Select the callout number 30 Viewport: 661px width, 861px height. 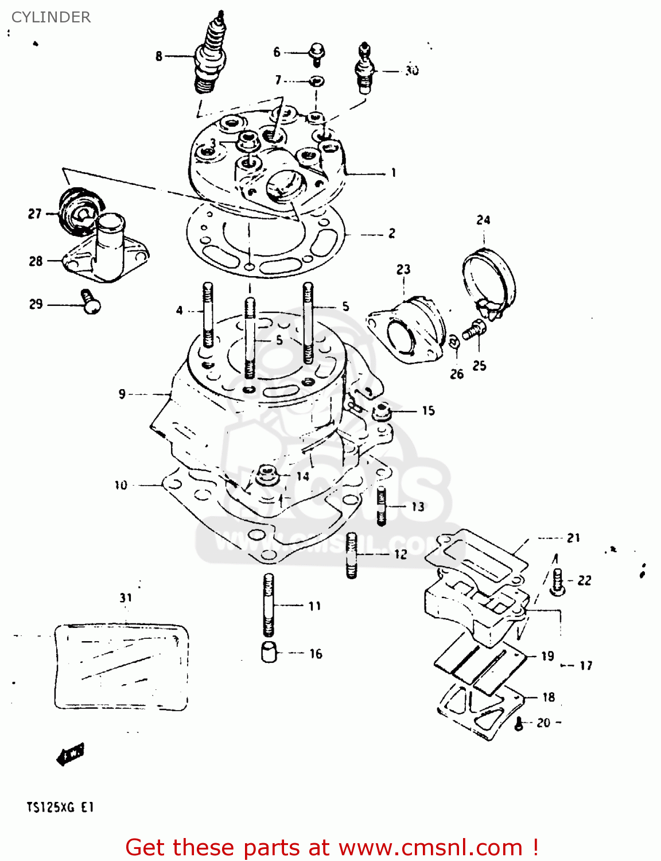tap(411, 71)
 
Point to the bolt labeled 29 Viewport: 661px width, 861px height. tap(90, 301)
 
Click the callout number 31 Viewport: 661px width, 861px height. tap(126, 598)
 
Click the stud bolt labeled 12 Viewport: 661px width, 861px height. tap(352, 554)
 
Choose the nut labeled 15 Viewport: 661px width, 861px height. tap(381, 411)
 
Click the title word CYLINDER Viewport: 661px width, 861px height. tap(51, 17)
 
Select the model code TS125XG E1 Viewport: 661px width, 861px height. tap(60, 808)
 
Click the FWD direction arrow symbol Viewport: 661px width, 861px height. tap(70, 754)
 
